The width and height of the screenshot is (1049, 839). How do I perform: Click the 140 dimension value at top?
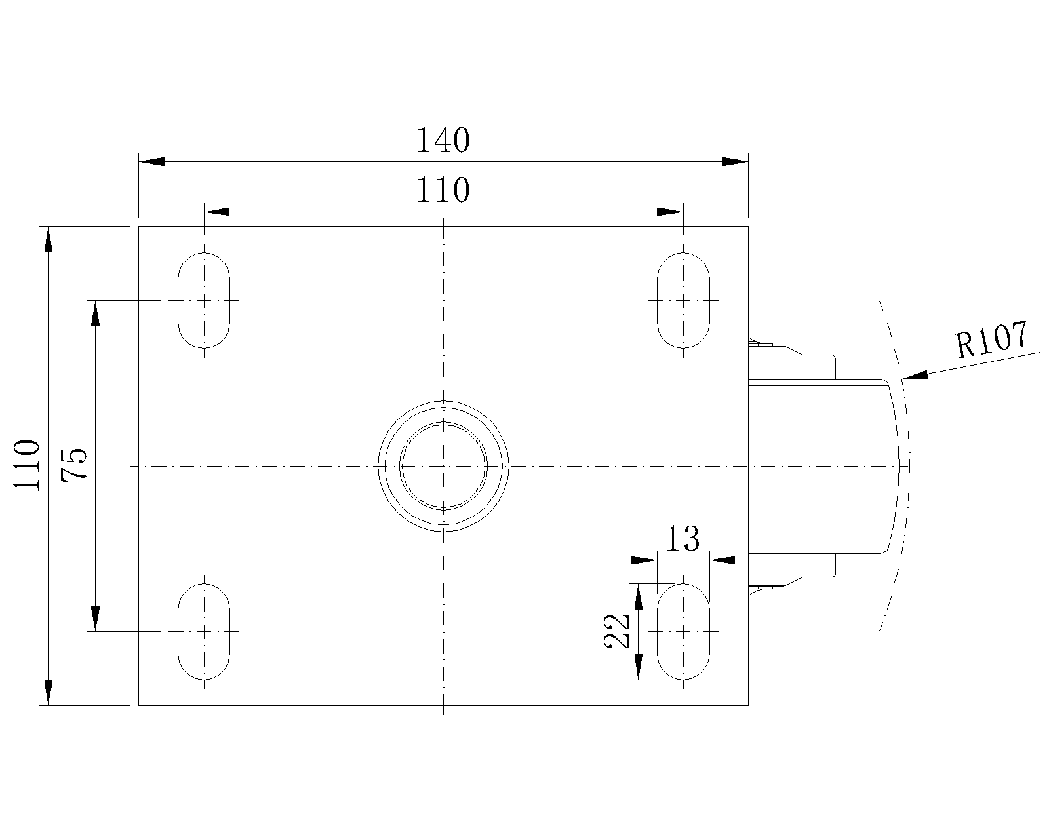coord(443,140)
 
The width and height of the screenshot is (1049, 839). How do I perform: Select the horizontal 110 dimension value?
coord(443,190)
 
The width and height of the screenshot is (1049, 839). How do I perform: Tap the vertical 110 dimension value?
coord(27,465)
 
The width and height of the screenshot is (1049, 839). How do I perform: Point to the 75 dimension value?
coord(74,465)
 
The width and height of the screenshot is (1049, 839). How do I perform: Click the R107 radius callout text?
coord(992,340)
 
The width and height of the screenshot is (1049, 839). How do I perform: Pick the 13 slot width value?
coord(683,539)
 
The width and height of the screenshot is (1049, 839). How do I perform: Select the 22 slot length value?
coord(617,631)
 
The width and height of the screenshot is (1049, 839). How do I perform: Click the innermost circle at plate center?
coord(443,424)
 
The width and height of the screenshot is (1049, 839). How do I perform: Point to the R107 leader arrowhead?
coord(915,375)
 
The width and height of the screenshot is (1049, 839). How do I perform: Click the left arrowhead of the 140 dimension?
coord(151,161)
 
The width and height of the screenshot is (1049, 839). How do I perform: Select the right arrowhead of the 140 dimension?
coord(735,161)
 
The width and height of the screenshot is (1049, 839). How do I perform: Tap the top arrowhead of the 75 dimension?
coord(96,313)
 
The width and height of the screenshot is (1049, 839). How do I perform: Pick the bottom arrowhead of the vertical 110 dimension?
coord(49,692)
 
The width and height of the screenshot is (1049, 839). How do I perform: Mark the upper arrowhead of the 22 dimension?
coord(639,596)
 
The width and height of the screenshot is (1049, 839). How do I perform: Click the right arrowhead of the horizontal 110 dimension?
coord(670,212)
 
